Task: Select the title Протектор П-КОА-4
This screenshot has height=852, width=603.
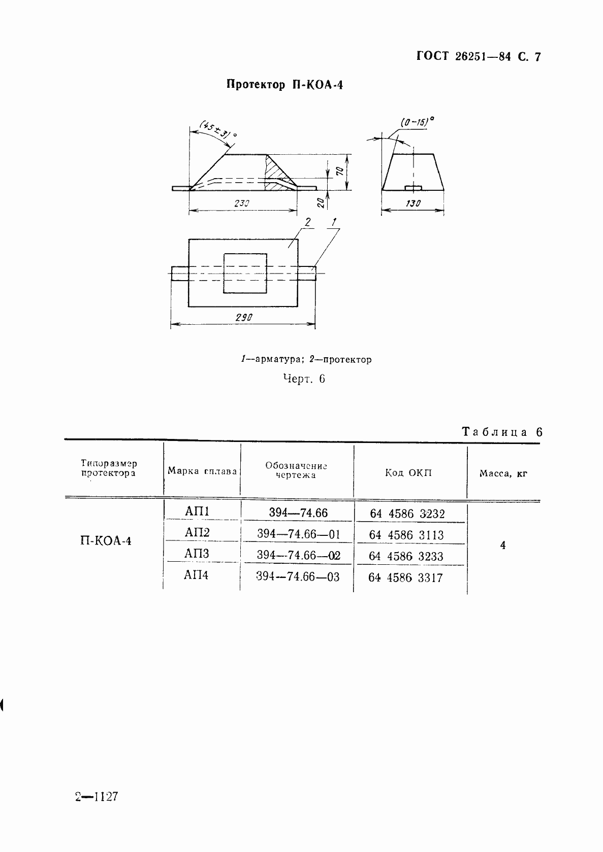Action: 284,85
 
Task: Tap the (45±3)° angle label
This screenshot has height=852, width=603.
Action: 219,129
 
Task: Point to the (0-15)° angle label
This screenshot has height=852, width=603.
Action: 418,122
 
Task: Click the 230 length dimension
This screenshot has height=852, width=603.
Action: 242,203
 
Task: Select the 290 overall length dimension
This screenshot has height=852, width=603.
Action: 244,318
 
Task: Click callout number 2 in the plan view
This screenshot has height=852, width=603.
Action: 306,222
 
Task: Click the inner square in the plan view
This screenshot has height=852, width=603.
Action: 245,273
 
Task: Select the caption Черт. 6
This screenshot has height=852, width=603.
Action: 303,379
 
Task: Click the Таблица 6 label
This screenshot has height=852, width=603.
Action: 502,432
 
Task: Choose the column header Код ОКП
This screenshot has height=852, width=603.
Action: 408,473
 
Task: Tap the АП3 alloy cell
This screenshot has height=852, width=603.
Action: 197,554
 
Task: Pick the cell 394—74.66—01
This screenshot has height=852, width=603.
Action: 298,534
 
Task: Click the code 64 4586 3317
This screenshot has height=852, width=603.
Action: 406,577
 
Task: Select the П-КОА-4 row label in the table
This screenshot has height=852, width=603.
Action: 106,541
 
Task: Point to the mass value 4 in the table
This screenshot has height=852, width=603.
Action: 502,546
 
